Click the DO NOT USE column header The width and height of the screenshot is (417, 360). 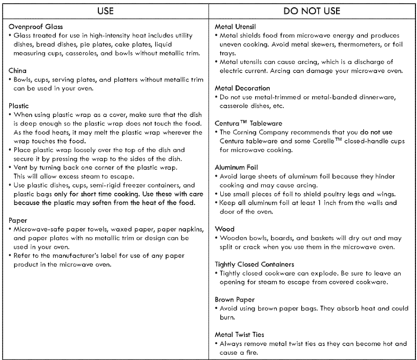(x=314, y=10)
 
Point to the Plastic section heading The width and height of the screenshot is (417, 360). (x=19, y=105)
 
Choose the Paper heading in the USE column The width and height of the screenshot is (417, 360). (x=18, y=220)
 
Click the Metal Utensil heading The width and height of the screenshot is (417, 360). (x=235, y=26)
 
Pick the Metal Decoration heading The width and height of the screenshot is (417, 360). (x=242, y=88)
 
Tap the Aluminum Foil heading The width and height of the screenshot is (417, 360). (x=236, y=167)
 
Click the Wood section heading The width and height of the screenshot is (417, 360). (x=224, y=229)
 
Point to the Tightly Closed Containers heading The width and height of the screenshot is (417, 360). (x=254, y=264)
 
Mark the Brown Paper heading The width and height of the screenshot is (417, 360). (x=235, y=300)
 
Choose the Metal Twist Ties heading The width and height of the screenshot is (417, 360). (x=239, y=334)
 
